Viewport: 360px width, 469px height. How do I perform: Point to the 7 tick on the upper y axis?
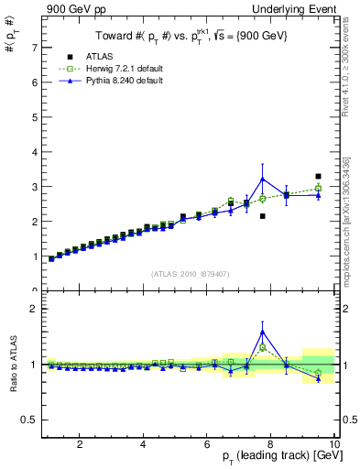pyautogui.click(x=35, y=47)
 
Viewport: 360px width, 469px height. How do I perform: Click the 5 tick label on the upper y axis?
pyautogui.click(x=35, y=116)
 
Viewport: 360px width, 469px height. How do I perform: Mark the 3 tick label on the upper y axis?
pyautogui.click(x=35, y=186)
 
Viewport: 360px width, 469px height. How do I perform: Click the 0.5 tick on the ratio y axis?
pyautogui.click(x=30, y=420)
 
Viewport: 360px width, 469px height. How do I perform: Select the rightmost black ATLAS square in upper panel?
pyautogui.click(x=318, y=176)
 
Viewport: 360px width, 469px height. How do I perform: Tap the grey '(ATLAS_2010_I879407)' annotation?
pyautogui.click(x=189, y=274)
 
